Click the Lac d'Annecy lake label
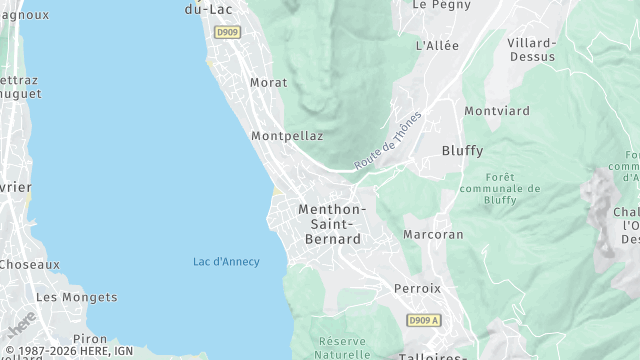(x=226, y=262)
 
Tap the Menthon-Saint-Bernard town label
(x=332, y=224)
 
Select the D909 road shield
(x=227, y=32)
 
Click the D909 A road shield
(x=423, y=320)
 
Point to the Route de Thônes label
(x=388, y=140)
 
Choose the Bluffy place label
(x=462, y=151)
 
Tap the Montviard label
(x=497, y=111)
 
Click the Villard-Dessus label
(x=531, y=50)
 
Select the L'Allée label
(x=436, y=46)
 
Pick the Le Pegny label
(x=436, y=5)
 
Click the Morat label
(x=268, y=83)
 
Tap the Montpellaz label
(x=287, y=136)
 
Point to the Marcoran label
(x=433, y=235)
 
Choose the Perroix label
(x=417, y=289)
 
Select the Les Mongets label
(x=76, y=297)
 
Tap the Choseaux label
(x=29, y=265)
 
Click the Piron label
(x=90, y=340)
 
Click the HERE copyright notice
(x=69, y=351)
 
